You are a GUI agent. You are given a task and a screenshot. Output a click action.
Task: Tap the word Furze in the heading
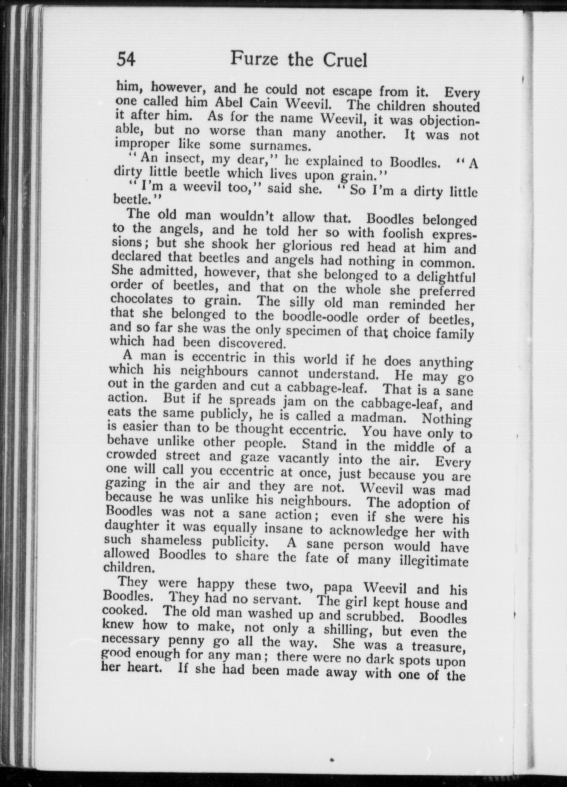255,60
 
